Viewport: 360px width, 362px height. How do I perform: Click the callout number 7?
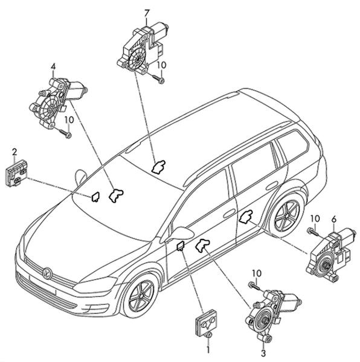pos(147,13)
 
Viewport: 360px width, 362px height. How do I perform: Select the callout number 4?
pos(53,67)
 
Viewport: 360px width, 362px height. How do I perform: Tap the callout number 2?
pos(14,152)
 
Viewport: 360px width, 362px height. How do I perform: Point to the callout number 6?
pos(334,219)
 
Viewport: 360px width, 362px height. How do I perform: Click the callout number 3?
pos(263,354)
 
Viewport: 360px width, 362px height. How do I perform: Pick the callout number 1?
pos(208,349)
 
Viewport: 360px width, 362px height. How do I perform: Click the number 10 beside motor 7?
pos(161,65)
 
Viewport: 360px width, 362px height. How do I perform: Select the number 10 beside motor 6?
pos(315,218)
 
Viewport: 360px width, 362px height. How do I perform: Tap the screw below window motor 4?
pos(65,133)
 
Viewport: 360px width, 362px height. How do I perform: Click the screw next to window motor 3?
pos(255,286)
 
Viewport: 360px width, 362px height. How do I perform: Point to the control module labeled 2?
pos(16,173)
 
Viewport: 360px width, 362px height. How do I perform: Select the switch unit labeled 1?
pos(207,323)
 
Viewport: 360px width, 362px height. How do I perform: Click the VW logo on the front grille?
pos(48,273)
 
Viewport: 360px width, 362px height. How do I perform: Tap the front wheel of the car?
pos(141,296)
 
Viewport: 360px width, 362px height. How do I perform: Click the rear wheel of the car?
pos(287,214)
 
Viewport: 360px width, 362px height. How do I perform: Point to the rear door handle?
pos(272,185)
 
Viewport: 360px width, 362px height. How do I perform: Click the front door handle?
pos(229,213)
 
